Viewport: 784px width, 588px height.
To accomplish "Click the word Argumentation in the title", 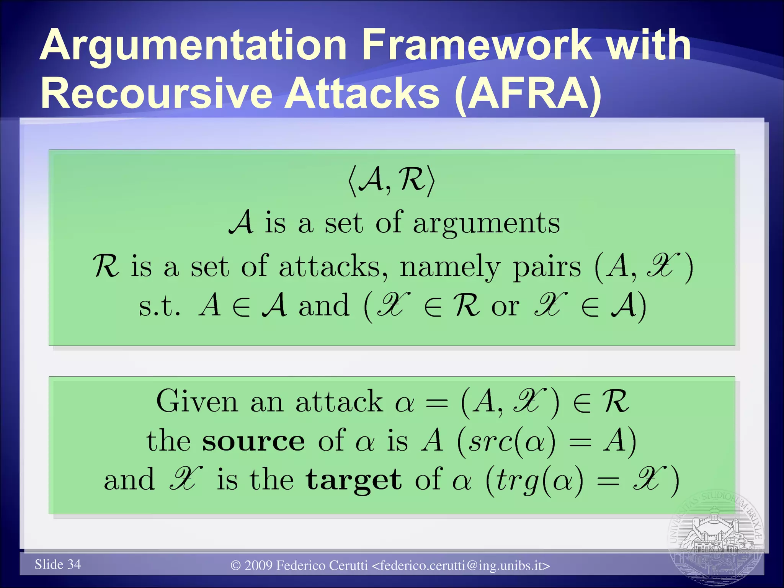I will point(193,46).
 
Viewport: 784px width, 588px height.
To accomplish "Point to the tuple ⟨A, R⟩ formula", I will point(391,180).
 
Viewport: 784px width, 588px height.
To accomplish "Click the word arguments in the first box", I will point(486,224).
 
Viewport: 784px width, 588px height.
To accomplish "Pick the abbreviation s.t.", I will point(159,306).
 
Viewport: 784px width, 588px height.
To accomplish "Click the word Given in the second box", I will point(197,401).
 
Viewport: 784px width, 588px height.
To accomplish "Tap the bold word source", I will point(253,441).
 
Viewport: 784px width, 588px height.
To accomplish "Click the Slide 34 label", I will point(58,564).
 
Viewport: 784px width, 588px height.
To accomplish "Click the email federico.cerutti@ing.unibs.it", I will point(461,565).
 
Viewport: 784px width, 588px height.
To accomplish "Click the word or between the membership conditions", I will point(505,306).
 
